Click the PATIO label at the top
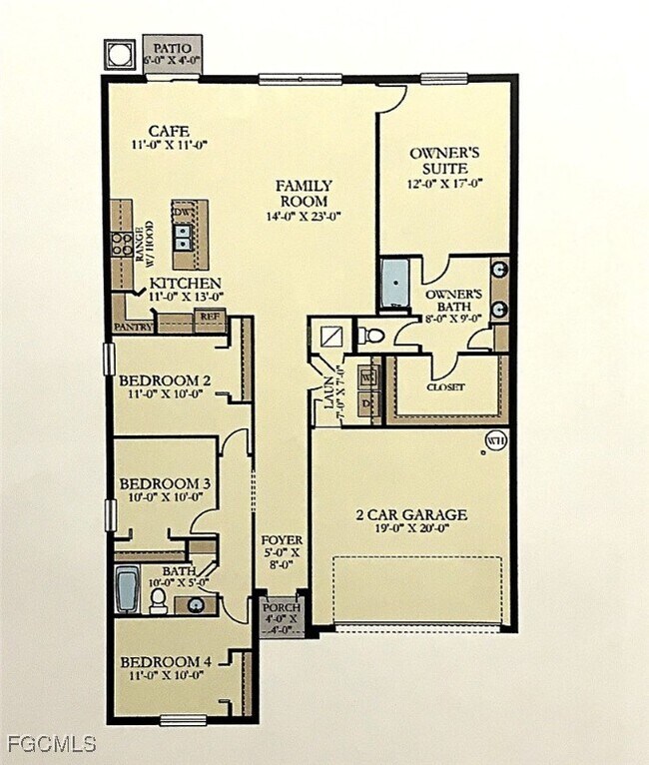[x=171, y=46]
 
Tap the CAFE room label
[x=169, y=131]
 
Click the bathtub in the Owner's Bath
[x=395, y=284]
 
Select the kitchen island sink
[x=184, y=236]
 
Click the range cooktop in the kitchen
[x=123, y=243]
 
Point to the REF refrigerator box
[x=210, y=317]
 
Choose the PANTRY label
[x=133, y=326]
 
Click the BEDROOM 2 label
[x=164, y=381]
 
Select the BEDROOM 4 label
[x=164, y=662]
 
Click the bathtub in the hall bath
[x=127, y=589]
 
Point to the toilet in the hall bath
[x=158, y=599]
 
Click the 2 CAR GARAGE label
[x=411, y=515]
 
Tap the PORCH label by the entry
[x=276, y=608]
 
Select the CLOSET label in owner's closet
[x=445, y=386]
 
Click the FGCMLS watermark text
[x=51, y=744]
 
